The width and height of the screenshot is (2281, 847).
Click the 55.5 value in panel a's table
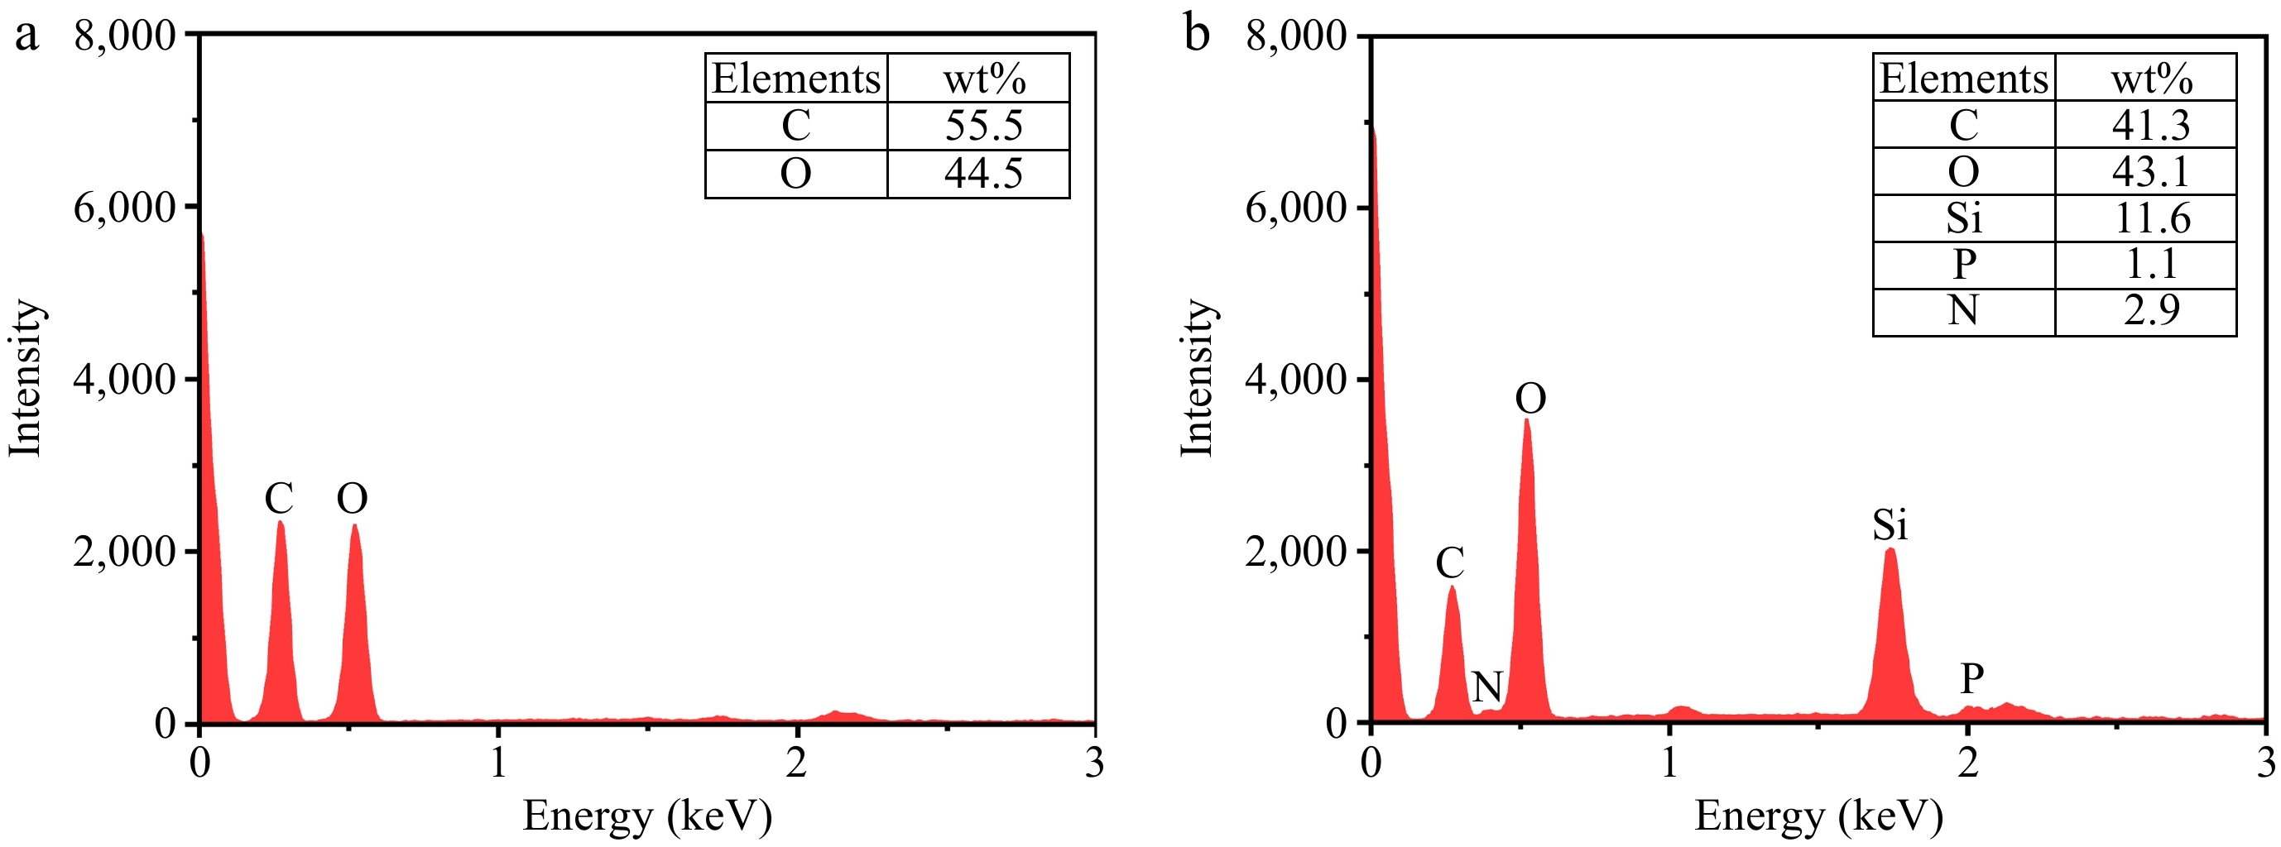983,126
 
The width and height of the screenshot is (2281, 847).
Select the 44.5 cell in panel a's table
983,174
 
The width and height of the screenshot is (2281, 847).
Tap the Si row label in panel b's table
1963,218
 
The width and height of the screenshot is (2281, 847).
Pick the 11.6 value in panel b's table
2152,218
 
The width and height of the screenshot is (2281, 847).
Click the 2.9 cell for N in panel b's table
2152,311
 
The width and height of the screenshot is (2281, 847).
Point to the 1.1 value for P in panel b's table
2152,264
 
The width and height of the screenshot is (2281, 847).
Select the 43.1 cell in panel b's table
2152,171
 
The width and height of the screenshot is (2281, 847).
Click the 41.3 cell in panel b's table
2152,125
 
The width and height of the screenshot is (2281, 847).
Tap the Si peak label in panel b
1889,525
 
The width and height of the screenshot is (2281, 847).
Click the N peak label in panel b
1486,686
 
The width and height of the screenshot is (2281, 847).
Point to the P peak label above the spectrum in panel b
1971,680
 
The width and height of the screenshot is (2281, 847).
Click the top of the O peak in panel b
1526,421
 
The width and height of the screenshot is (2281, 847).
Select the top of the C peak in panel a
281,523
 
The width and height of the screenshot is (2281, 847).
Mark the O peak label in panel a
352,499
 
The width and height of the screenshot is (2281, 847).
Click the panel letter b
1196,36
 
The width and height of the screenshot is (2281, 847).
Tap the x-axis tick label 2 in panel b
1967,762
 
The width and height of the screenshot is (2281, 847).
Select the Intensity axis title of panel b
1196,378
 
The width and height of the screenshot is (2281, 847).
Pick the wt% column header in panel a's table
983,79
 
